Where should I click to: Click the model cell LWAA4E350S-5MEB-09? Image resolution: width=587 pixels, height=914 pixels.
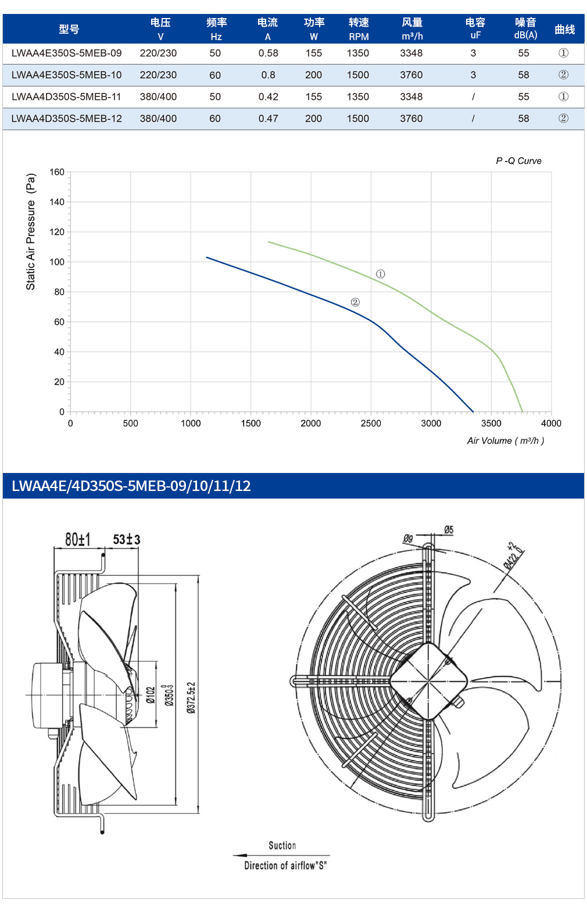(x=66, y=53)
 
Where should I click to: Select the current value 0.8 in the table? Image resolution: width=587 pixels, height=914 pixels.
(x=268, y=75)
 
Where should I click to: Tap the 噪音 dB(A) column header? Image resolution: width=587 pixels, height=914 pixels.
(x=525, y=28)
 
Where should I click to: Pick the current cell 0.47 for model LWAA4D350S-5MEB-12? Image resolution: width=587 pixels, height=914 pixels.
(x=268, y=119)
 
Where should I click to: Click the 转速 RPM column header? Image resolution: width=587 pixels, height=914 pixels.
(x=359, y=28)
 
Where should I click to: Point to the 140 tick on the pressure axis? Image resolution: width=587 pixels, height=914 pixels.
(x=57, y=202)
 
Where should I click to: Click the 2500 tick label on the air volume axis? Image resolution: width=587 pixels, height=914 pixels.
(x=371, y=424)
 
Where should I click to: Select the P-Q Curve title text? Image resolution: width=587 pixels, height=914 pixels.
(x=518, y=161)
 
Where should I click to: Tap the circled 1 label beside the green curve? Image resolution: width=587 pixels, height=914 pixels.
(x=380, y=274)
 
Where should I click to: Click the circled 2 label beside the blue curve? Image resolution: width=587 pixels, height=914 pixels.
(x=355, y=302)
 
